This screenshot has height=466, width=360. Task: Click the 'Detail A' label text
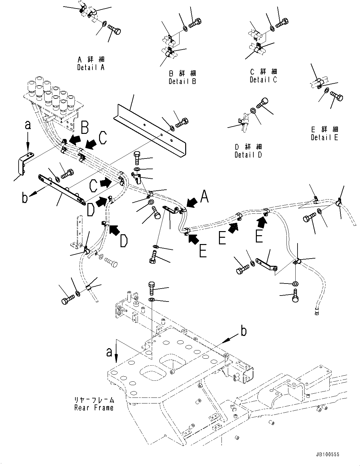tap(91, 67)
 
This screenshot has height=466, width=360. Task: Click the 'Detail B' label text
tap(182, 81)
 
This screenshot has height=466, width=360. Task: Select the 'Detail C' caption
tap(263, 80)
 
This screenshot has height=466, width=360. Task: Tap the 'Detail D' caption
tap(248, 155)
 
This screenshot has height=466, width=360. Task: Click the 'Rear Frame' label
tap(94, 408)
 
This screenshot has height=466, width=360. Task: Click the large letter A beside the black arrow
tap(204, 197)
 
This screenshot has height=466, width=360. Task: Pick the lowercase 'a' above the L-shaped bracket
tap(28, 125)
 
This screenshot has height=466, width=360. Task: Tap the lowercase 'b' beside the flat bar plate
tap(25, 199)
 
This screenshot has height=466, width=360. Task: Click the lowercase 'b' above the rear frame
tap(243, 332)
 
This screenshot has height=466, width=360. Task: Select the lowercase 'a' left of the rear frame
tap(109, 352)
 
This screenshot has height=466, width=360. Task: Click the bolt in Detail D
tap(263, 103)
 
